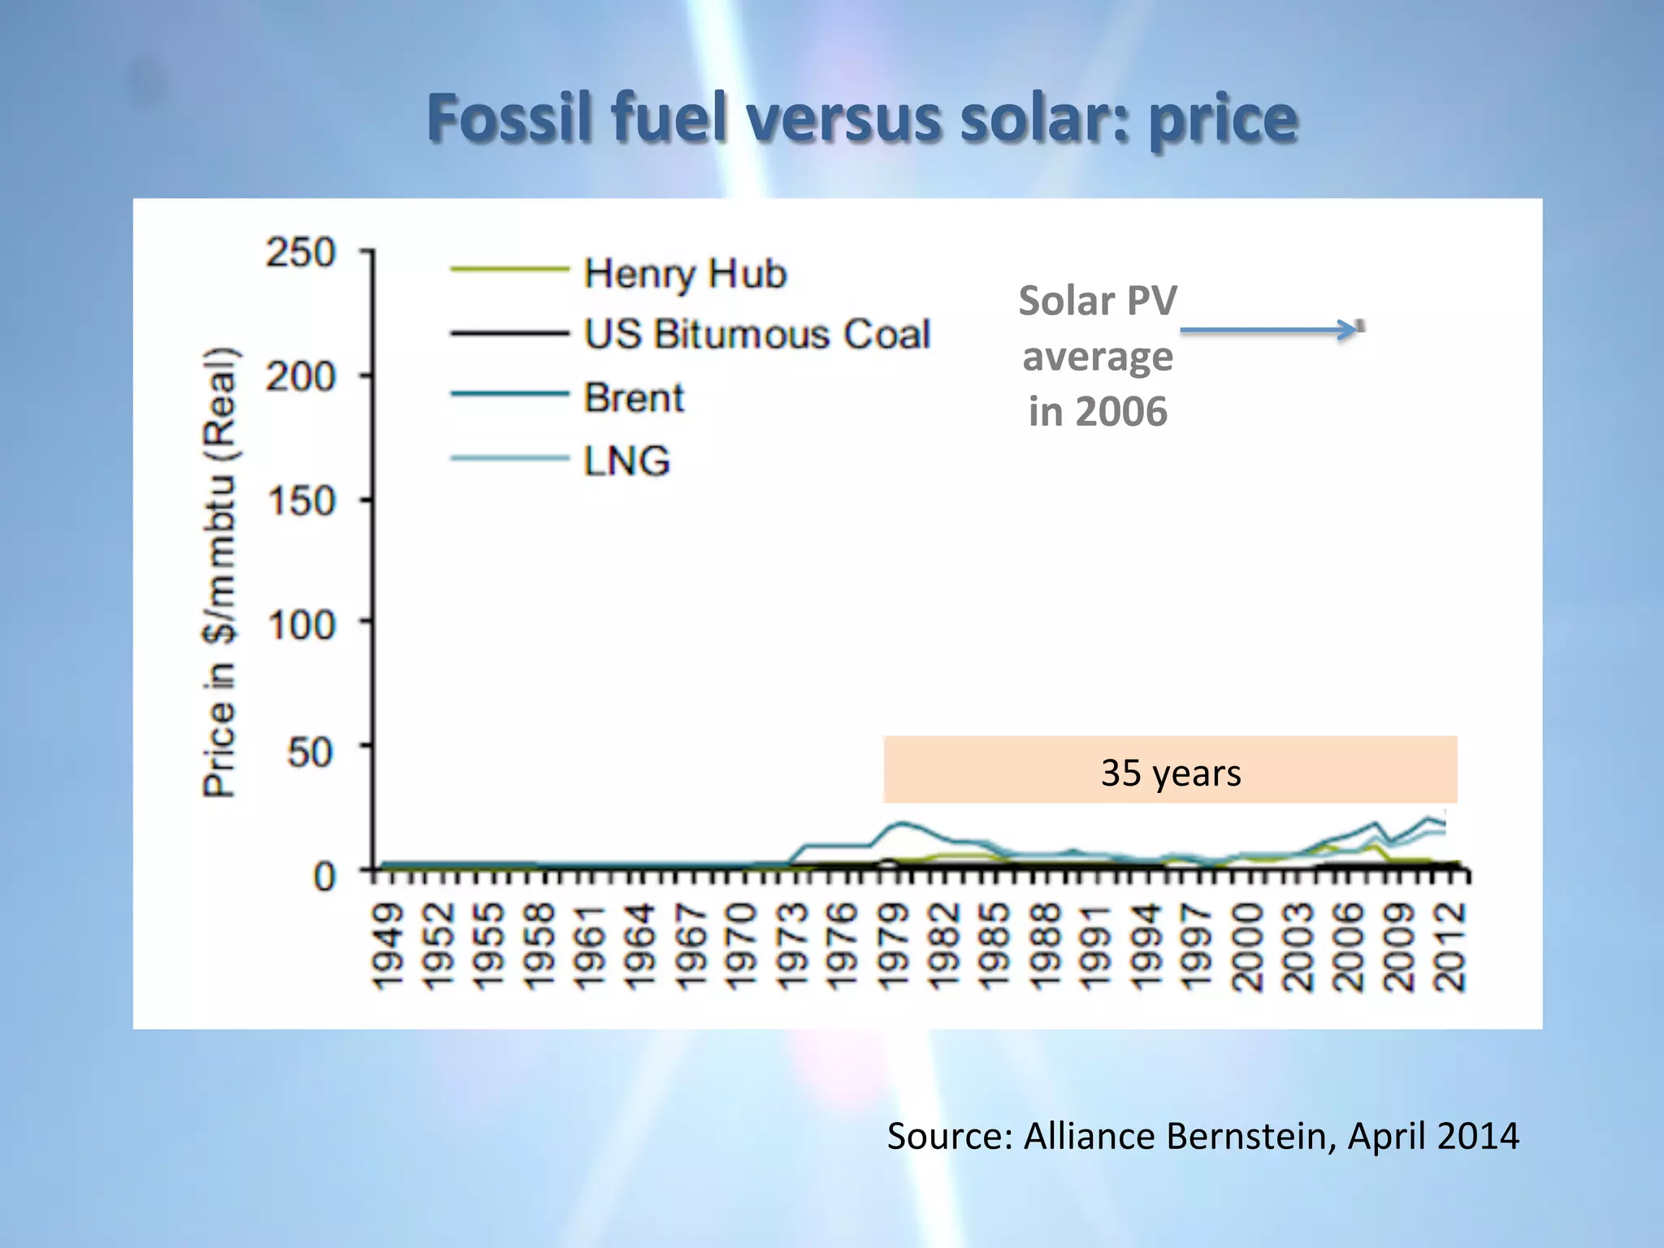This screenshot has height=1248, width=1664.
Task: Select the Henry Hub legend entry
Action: pyautogui.click(x=685, y=274)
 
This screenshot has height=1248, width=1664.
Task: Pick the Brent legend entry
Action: pyautogui.click(x=634, y=398)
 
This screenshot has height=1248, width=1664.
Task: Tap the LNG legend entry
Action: pyautogui.click(x=626, y=461)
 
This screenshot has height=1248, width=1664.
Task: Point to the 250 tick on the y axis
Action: pyautogui.click(x=301, y=253)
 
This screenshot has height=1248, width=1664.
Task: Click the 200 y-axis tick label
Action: pyautogui.click(x=301, y=377)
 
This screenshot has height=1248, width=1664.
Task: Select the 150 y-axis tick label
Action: pyautogui.click(x=301, y=501)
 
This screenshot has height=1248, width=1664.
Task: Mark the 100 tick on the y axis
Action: pyautogui.click(x=301, y=626)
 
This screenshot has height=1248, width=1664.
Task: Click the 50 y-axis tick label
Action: pyautogui.click(x=310, y=752)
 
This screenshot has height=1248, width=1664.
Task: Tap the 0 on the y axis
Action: pyautogui.click(x=323, y=877)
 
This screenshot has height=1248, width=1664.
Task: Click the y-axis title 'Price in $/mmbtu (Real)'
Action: pyautogui.click(x=220, y=573)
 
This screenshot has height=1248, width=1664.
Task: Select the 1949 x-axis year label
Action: pyautogui.click(x=388, y=947)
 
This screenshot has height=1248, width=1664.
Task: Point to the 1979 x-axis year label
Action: pyautogui.click(x=894, y=947)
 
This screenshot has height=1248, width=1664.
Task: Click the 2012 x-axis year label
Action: pyautogui.click(x=1450, y=947)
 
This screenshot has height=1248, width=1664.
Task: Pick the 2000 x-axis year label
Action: pyautogui.click(x=1248, y=947)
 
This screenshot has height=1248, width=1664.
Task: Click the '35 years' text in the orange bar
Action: pyautogui.click(x=1171, y=773)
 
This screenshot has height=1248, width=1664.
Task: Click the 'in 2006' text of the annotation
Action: pyautogui.click(x=1098, y=411)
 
